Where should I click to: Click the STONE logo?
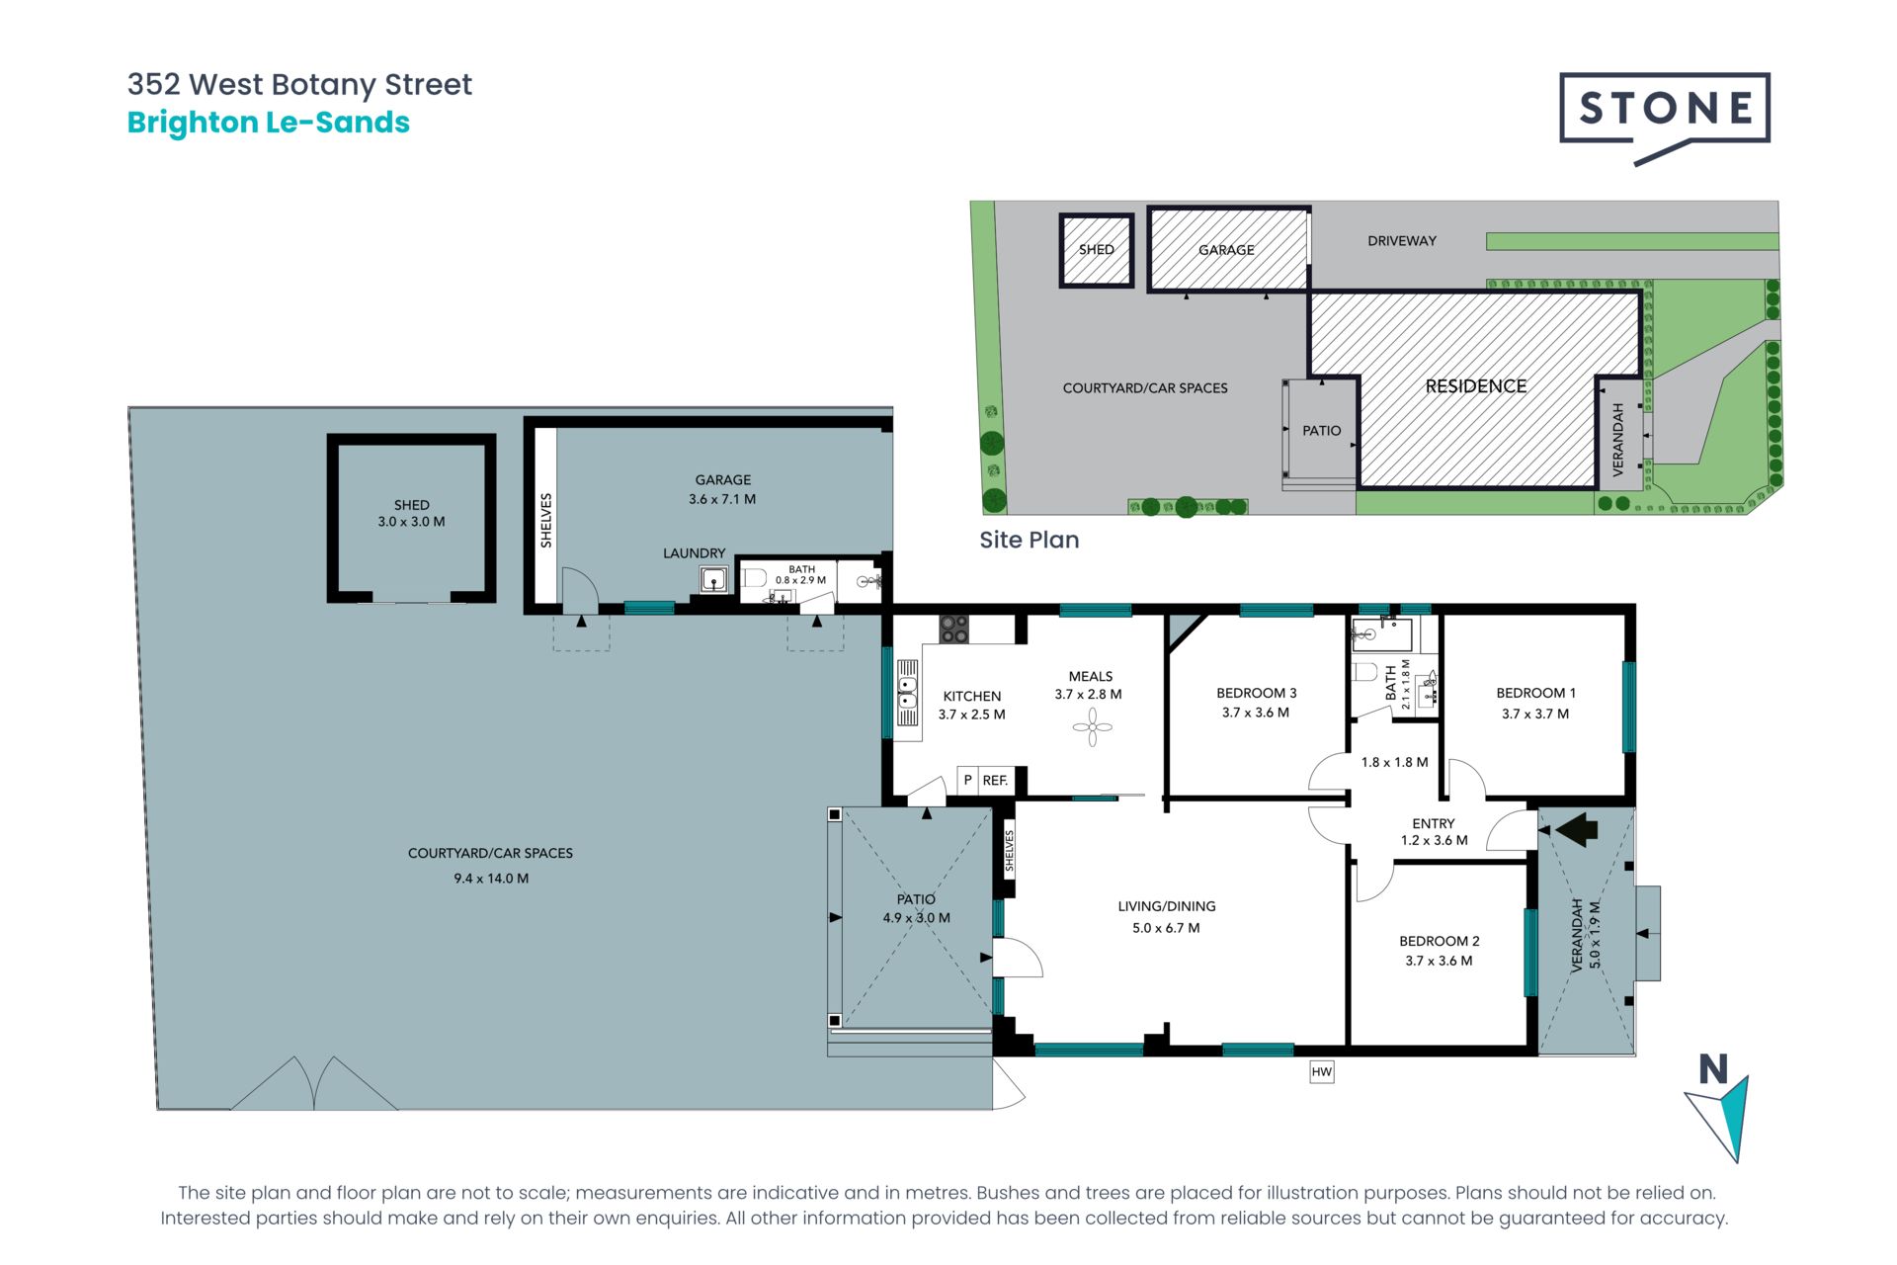coord(1665,117)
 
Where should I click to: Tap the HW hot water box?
coord(1322,1071)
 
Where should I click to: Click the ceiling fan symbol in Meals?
coord(1092,728)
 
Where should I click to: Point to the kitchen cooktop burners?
coord(953,629)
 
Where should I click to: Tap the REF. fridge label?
coord(995,781)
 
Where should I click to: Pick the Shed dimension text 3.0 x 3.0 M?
coord(411,522)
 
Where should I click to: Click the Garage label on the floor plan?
coord(722,479)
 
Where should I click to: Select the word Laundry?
coord(694,553)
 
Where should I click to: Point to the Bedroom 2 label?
coord(1439,941)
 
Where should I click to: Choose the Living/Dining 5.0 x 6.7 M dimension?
coord(1166,928)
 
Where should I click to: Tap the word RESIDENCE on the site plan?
coord(1475,386)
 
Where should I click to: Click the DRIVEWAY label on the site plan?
coord(1402,241)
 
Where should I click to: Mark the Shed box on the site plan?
coord(1097,250)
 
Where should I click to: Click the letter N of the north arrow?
coord(1713,1069)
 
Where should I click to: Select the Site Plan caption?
coord(1029,540)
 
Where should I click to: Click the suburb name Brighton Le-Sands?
coord(268,123)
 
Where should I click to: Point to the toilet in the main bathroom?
coord(1365,673)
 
